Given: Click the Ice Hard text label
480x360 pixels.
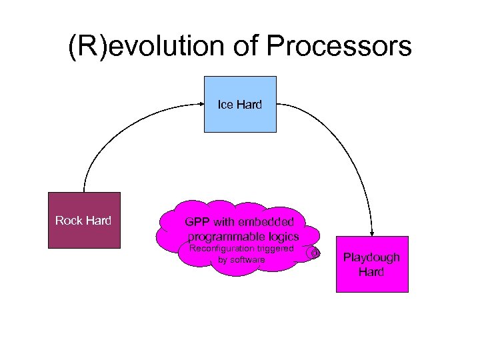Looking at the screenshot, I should coord(240,105).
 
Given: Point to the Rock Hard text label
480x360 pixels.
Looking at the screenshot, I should coord(84,221).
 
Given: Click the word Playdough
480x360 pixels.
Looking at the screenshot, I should coord(371,257).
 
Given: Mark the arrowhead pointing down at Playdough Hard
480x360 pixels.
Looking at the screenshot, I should coord(371,231).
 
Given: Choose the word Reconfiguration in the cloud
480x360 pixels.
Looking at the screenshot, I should coord(219,249).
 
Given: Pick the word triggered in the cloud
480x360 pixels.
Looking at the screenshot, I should coord(273,249).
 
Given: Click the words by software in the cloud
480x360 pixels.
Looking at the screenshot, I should coord(241,260).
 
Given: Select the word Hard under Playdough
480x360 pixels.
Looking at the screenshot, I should coord(371,271).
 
